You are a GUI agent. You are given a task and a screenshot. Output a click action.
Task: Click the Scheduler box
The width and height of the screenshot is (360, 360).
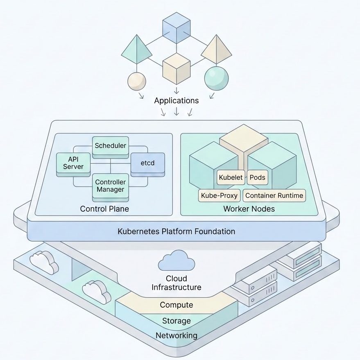(111, 147)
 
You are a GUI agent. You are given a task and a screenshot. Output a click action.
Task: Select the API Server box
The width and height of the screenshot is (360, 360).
(73, 164)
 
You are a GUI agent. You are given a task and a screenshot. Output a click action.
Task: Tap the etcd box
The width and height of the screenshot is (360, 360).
(147, 164)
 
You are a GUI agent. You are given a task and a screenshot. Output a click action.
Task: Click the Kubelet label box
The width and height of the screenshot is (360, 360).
(231, 177)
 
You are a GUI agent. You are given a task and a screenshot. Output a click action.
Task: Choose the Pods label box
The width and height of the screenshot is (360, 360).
(257, 177)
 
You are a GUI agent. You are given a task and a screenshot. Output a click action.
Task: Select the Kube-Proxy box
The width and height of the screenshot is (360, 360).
(219, 195)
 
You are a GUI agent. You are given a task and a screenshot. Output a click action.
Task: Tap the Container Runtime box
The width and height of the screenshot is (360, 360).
(274, 195)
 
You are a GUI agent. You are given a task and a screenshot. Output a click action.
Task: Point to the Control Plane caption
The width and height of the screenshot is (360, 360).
(104, 209)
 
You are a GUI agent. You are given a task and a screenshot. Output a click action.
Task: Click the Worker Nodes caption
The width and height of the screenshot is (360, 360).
(249, 209)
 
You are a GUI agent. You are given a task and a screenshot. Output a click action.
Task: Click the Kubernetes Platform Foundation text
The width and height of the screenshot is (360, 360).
(177, 231)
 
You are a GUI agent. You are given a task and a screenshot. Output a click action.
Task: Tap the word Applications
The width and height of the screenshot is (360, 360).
(177, 101)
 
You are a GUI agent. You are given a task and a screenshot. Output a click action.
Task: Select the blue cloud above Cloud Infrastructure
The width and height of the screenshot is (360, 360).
(177, 260)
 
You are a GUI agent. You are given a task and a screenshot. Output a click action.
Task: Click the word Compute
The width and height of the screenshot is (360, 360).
(177, 305)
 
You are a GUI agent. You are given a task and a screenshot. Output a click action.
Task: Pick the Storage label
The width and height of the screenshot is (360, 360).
(177, 321)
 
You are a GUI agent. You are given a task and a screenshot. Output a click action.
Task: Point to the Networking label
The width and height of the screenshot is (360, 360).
(177, 335)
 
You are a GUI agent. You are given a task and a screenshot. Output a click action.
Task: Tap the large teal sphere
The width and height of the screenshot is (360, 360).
(217, 78)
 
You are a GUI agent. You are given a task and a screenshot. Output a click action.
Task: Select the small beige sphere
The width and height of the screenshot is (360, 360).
(137, 81)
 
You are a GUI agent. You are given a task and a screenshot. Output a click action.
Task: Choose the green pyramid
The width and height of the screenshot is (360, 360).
(137, 50)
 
